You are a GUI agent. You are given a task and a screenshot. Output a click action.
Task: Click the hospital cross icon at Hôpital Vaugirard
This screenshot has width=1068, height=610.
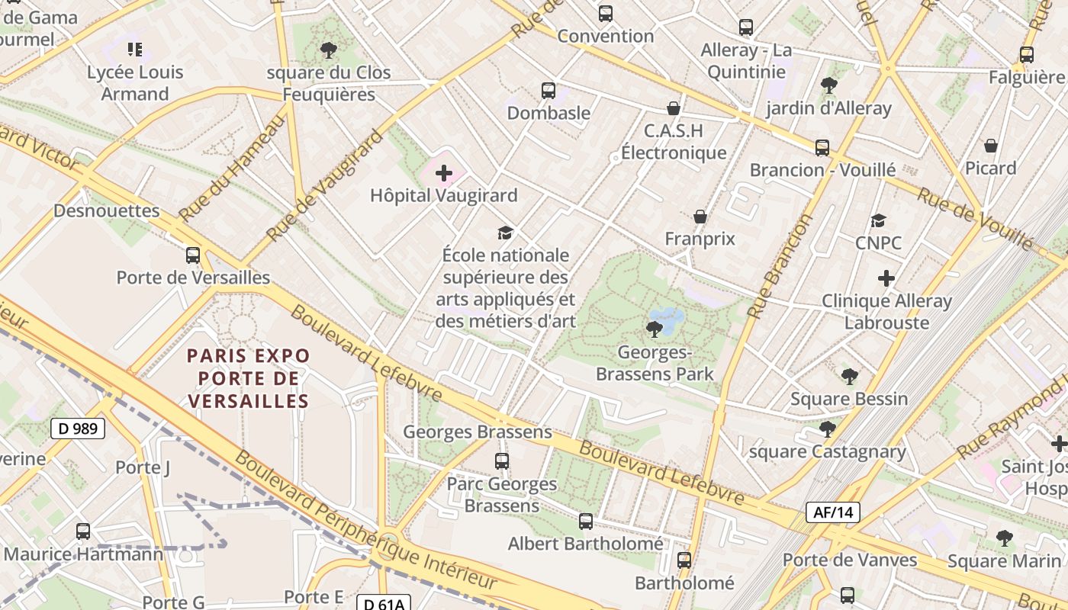444,174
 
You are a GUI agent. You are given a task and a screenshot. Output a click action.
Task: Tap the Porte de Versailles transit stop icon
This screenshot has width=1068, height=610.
193,255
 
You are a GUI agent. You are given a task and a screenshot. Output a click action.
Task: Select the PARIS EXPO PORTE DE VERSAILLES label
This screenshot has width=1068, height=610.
249,378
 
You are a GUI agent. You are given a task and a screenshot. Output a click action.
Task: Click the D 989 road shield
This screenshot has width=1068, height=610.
78,429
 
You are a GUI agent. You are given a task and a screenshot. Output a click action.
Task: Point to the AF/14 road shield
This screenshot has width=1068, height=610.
833,512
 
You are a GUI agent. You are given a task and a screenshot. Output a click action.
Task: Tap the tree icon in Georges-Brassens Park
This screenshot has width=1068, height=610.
654,329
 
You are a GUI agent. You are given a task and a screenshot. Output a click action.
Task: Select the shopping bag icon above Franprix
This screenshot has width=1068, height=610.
700,217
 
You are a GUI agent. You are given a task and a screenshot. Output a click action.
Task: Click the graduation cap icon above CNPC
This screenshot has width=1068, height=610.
878,221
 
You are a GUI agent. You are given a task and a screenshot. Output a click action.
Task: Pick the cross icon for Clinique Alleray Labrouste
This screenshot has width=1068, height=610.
886,278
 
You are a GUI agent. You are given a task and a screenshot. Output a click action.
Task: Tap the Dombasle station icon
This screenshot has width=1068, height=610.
548,91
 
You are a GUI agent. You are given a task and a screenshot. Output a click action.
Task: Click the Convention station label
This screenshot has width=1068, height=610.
606,36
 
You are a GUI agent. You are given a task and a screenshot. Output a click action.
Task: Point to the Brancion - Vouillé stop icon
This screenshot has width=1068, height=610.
822,148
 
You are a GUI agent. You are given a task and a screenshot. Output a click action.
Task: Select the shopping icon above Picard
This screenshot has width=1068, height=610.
991,146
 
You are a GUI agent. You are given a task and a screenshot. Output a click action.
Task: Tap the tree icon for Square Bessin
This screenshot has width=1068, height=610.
849,376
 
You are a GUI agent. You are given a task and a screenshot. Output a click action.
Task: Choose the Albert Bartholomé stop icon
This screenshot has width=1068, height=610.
586,522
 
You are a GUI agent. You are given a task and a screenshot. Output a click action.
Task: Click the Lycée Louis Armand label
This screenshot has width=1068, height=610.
135,83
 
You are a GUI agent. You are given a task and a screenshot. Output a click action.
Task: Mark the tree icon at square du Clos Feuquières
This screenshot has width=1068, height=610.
329,50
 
